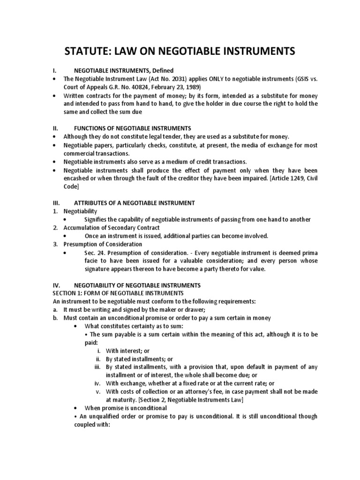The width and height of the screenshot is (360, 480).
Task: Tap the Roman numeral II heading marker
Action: [x=54, y=128]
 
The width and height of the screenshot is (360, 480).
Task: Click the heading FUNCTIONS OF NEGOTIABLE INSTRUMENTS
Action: [x=133, y=128]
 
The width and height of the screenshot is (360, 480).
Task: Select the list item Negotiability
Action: [x=80, y=211]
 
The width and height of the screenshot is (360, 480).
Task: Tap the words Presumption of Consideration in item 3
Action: [x=103, y=244]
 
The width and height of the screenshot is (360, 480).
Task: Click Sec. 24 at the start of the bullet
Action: [x=94, y=253]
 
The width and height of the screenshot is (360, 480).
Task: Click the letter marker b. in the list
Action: [x=55, y=318]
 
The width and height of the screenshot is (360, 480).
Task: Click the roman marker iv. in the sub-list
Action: [x=98, y=383]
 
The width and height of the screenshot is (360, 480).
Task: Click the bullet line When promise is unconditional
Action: [x=126, y=408]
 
